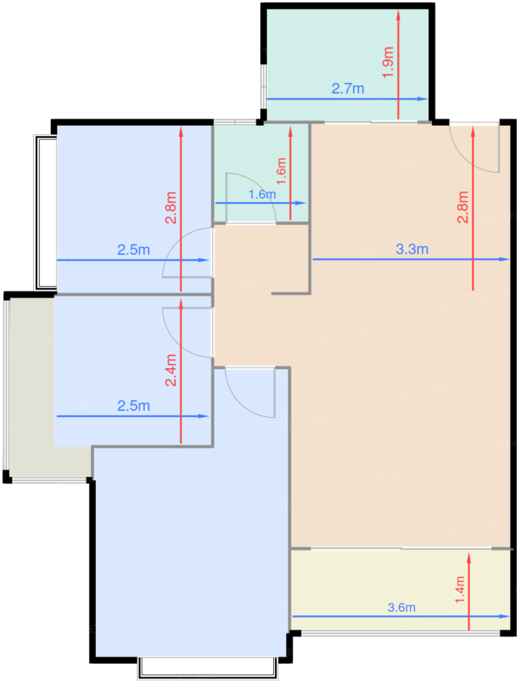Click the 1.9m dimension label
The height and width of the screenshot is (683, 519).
388,62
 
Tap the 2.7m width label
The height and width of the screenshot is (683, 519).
348,89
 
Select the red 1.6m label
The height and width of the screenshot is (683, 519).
281,171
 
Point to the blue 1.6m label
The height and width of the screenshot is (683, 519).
262,195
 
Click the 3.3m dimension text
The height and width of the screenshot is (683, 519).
412,249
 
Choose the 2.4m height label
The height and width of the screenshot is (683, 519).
171,370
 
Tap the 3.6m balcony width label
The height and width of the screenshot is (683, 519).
401,607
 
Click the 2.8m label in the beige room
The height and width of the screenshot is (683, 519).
462,207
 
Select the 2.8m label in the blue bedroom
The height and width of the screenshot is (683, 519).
171,207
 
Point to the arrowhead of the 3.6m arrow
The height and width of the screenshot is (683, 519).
504,616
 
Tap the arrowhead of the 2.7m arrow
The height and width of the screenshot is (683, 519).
423,99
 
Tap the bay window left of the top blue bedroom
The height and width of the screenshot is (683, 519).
45,213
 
